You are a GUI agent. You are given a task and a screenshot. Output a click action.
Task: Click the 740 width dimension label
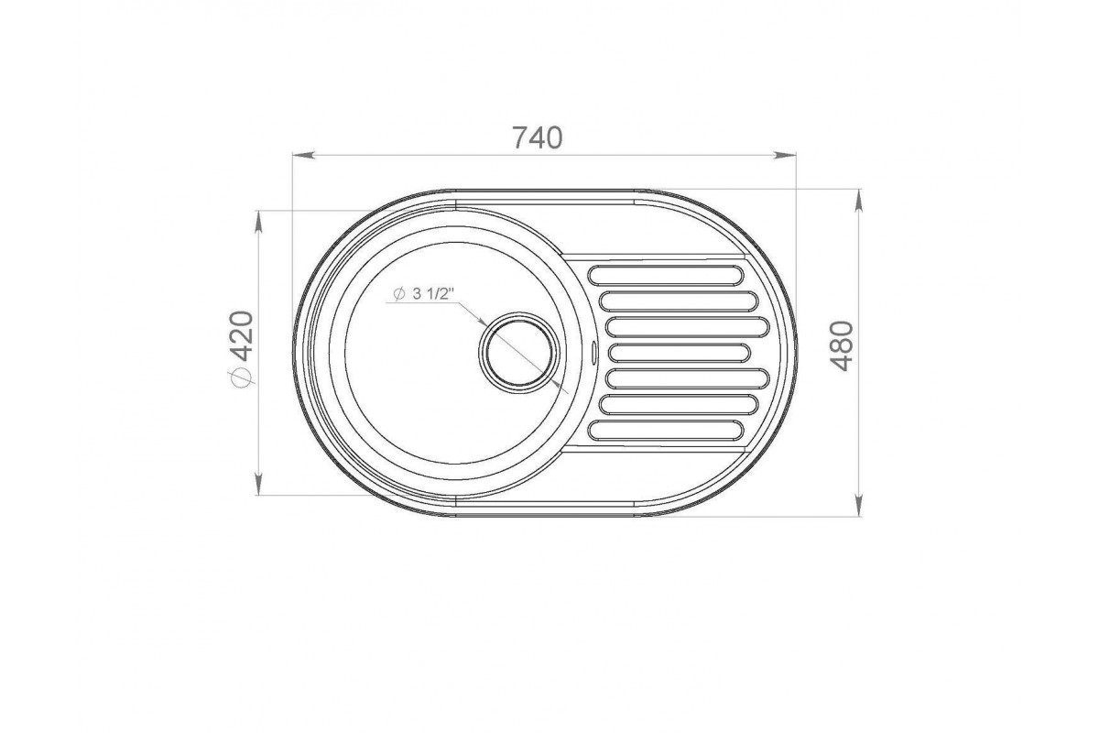538,138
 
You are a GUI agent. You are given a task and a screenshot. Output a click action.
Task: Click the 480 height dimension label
842,346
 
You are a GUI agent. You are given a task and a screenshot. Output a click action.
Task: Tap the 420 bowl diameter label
242,336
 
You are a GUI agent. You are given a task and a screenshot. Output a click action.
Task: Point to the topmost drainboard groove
666,276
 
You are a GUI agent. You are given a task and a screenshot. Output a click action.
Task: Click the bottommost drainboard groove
666,430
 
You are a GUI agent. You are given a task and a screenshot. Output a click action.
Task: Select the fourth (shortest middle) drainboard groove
680,353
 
